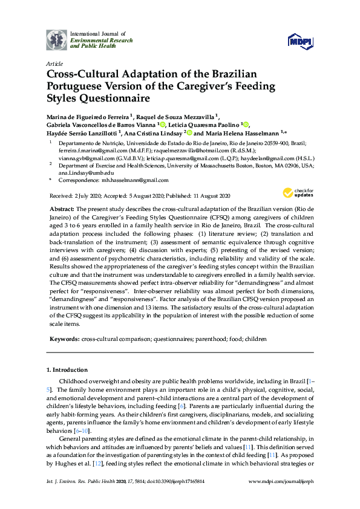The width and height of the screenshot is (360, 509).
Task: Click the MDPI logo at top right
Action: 300,41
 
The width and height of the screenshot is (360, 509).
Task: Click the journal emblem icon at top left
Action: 57,39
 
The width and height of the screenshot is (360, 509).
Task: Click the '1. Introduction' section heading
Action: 67,369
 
